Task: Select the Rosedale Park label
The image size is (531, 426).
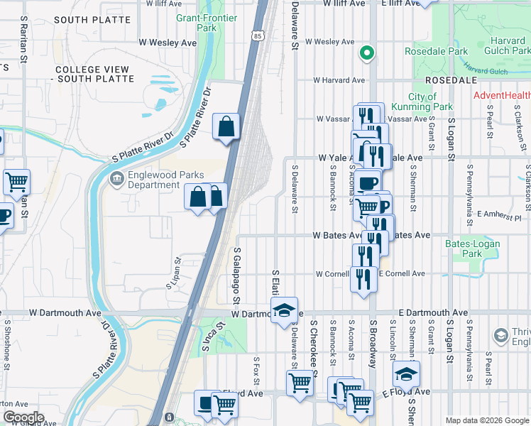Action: pyautogui.click(x=436, y=51)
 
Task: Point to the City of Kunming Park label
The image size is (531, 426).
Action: pyautogui.click(x=431, y=102)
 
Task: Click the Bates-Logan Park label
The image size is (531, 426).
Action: pyautogui.click(x=472, y=248)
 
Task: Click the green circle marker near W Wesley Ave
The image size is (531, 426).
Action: pyautogui.click(x=367, y=52)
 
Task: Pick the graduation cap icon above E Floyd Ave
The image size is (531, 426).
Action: pyautogui.click(x=407, y=373)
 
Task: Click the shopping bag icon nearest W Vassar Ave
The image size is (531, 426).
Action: pyautogui.click(x=226, y=128)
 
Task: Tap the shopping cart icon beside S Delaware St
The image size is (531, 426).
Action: pyautogui.click(x=300, y=383)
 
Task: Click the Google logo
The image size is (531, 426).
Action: pyautogui.click(x=23, y=417)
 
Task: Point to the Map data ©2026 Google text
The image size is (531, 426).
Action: pyautogui.click(x=487, y=420)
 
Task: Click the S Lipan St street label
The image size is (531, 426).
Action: pyautogui.click(x=173, y=273)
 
